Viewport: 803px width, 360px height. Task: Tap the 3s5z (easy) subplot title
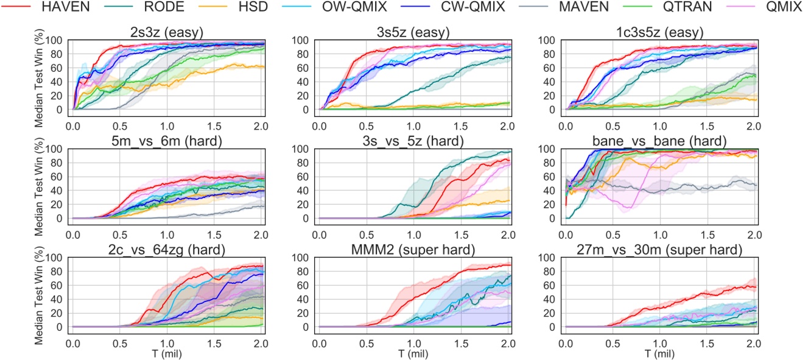pyautogui.click(x=413, y=34)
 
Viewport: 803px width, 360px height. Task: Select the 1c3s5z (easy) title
pyautogui.click(x=659, y=34)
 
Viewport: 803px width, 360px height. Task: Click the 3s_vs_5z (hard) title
pyautogui.click(x=413, y=142)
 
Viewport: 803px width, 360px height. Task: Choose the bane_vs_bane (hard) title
pyautogui.click(x=659, y=142)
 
